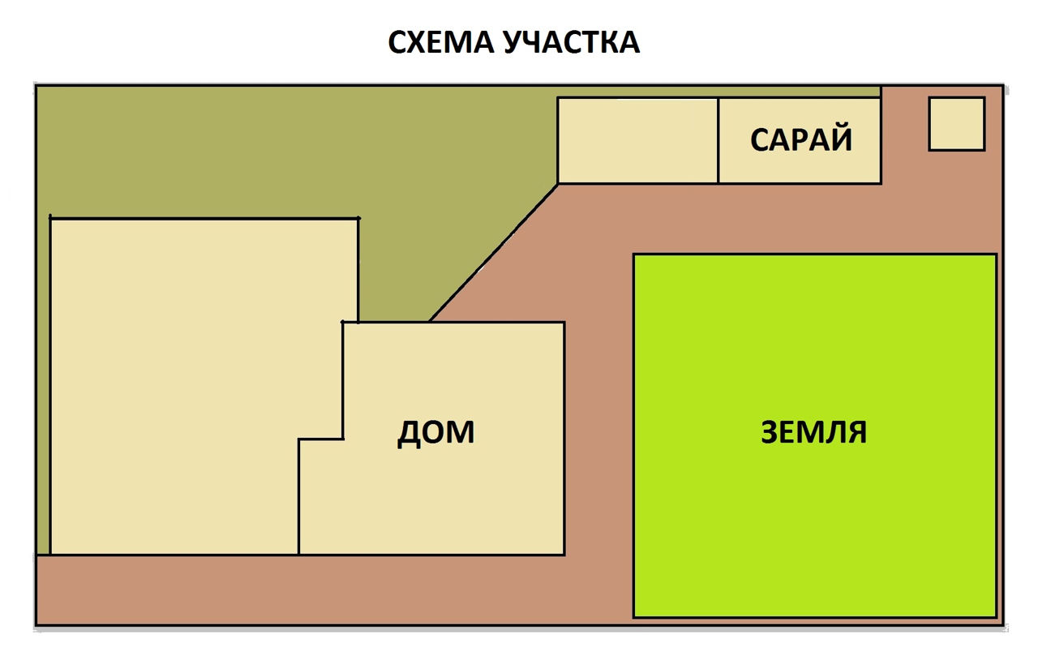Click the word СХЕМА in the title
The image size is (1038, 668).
point(440,43)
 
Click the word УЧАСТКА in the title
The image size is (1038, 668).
point(572,43)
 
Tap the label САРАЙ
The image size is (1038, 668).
point(800,139)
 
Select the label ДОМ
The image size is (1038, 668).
point(436,433)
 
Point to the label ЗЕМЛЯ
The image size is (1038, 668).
point(813,432)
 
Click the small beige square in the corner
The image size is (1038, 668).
point(957,124)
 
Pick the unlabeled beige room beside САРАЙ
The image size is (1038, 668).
point(638,140)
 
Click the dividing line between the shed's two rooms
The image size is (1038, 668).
point(718,140)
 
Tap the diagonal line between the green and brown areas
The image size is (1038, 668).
point(494,253)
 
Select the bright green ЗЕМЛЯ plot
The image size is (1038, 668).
point(815,435)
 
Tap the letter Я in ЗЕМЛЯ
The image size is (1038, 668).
point(856,432)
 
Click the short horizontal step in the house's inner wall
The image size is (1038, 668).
point(320,439)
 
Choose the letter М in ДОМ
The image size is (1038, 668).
point(460,433)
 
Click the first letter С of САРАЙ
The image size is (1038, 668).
point(761,139)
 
